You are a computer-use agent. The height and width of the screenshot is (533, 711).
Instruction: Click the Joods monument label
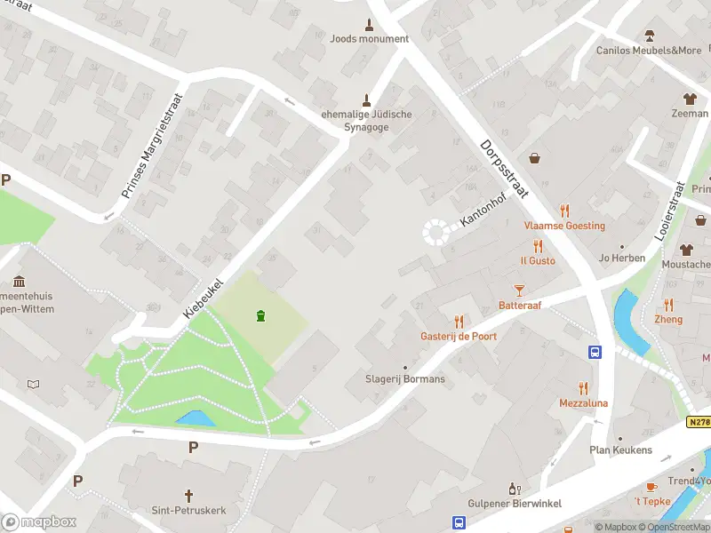[369, 39]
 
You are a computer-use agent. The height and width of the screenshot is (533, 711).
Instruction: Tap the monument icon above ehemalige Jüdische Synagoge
[365, 99]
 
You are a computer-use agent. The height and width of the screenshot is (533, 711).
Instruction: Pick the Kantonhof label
[481, 209]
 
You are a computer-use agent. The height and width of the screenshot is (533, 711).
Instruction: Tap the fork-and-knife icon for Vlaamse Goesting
[564, 211]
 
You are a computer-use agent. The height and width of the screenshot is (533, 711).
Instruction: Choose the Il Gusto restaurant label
[538, 260]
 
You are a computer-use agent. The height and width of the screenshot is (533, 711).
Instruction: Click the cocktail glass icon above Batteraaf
[520, 290]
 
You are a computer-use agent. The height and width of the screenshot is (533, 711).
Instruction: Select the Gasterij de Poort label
[459, 337]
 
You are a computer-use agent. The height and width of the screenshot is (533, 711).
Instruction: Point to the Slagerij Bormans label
[405, 379]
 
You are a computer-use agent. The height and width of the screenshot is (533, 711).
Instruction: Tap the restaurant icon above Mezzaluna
[583, 388]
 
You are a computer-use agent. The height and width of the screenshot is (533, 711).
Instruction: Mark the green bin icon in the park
[260, 315]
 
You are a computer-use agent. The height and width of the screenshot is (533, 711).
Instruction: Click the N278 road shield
[699, 423]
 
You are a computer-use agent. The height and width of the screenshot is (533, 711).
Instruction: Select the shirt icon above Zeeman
[689, 99]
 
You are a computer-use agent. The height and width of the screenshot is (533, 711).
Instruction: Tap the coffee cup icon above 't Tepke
[651, 487]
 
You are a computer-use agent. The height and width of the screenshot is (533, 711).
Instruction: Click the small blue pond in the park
[196, 418]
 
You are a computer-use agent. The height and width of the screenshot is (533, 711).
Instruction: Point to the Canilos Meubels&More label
[649, 51]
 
